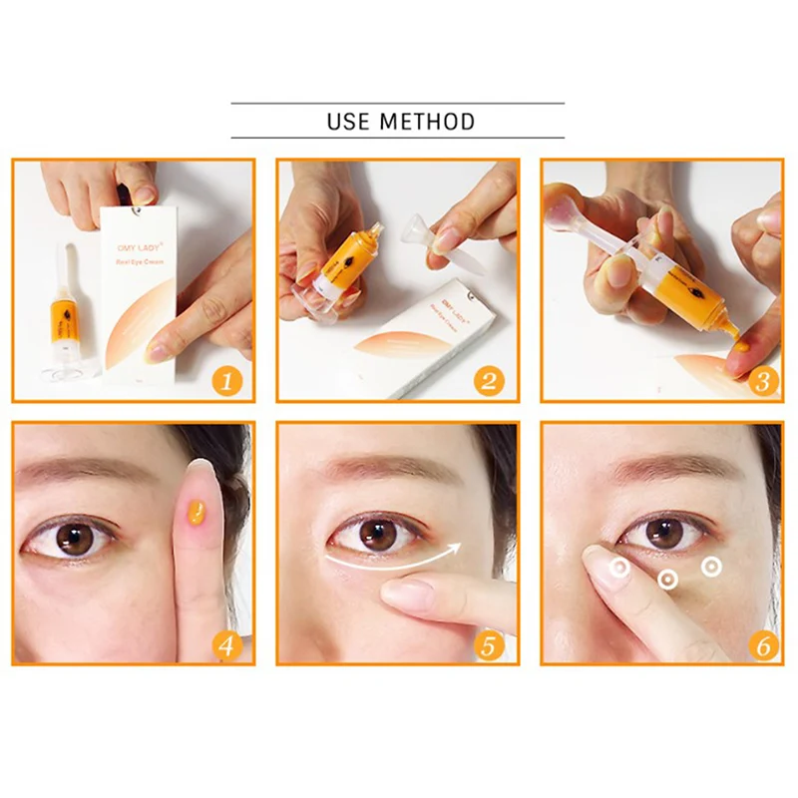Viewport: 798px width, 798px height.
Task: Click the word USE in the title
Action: [349, 123]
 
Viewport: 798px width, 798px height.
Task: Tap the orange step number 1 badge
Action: [229, 380]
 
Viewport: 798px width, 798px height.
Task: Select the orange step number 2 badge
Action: [493, 380]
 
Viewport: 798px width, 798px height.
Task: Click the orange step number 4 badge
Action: [229, 643]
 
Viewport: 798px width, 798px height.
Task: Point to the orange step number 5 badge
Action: [493, 643]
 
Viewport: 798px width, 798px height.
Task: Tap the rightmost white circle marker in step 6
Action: [710, 566]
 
